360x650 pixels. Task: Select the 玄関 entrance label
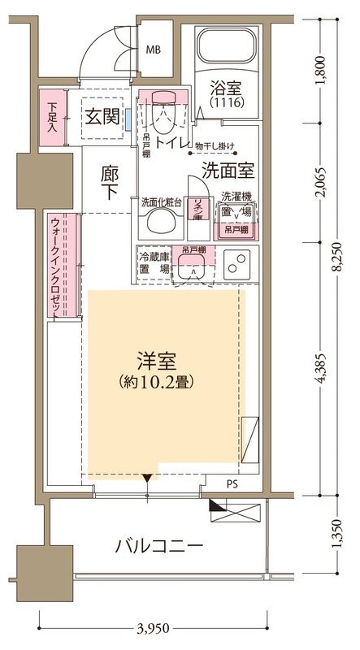pyautogui.click(x=102, y=115)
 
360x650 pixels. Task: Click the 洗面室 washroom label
pyautogui.click(x=229, y=171)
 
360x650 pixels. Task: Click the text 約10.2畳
pyautogui.click(x=159, y=380)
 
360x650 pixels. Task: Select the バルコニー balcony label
pyautogui.click(x=158, y=545)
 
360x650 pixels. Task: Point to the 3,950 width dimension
pyautogui.click(x=154, y=629)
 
